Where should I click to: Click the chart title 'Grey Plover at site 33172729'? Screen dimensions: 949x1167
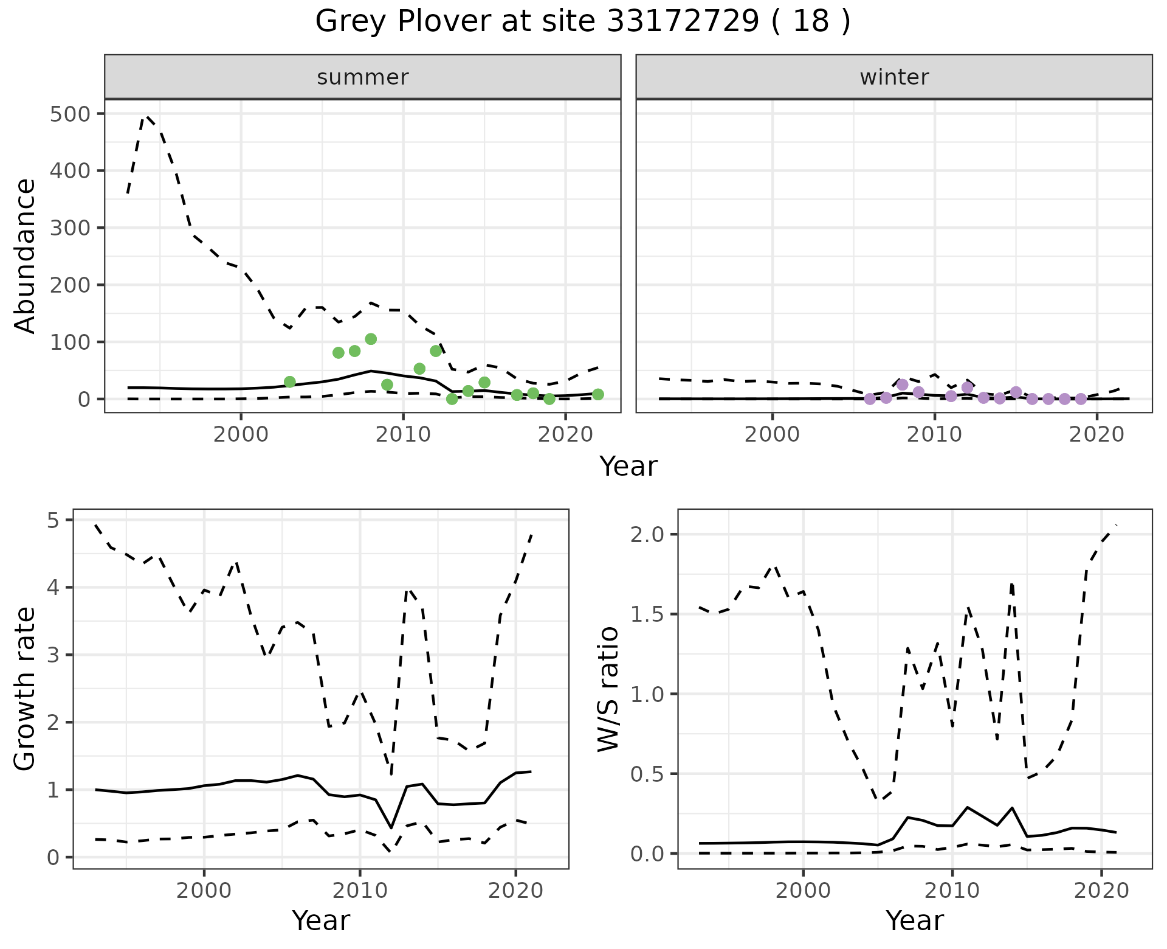click(582, 22)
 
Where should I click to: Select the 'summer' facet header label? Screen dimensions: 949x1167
click(363, 77)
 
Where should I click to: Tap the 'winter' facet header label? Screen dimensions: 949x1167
click(894, 77)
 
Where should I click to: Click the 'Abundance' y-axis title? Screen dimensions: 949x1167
click(25, 256)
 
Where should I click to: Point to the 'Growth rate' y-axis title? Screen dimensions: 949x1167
click(25, 689)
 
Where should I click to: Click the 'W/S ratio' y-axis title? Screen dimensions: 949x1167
click(608, 689)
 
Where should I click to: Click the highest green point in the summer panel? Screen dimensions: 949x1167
click(371, 339)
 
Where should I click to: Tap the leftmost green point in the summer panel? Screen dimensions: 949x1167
click(290, 382)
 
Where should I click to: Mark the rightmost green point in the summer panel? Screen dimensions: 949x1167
click(598, 394)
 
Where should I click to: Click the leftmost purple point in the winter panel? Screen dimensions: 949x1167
click(870, 399)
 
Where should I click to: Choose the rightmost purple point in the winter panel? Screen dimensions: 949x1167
click(1081, 399)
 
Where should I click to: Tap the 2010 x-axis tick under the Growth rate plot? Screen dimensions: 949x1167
click(360, 891)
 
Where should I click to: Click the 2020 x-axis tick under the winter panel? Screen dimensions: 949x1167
click(1097, 436)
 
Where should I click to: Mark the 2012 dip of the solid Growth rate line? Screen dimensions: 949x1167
click(391, 828)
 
